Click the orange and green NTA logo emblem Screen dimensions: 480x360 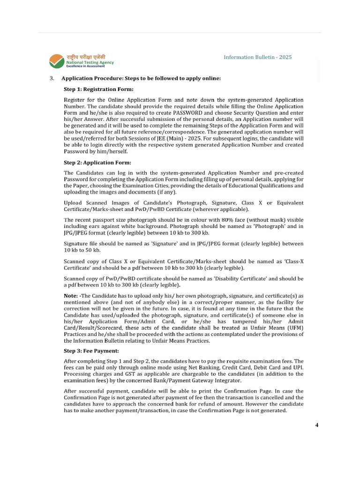pos(57,60)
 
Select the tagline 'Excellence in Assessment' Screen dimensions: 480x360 pos(85,66)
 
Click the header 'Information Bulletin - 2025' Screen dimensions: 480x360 pos(257,57)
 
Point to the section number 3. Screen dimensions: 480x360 pos(52,78)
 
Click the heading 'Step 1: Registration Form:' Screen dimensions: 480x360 pos(98,89)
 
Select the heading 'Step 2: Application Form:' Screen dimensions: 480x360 pos(97,163)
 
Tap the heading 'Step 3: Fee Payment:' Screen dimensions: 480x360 pos(91,351)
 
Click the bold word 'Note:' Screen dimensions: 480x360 pos(72,296)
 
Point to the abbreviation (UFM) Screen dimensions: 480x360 pos(295,328)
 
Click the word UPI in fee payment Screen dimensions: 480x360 pos(298,367)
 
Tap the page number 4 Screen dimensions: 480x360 pos(317,425)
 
